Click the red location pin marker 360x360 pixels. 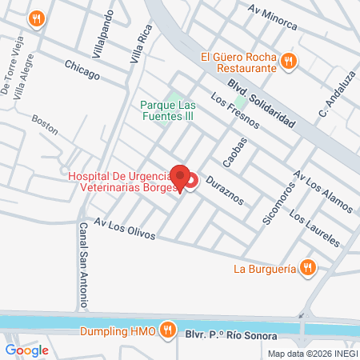point(181,178)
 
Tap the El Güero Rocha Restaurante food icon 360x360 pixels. point(290,59)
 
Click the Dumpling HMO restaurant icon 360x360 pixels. point(166,329)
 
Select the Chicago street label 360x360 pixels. point(82,70)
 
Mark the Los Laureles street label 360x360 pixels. point(314,229)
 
